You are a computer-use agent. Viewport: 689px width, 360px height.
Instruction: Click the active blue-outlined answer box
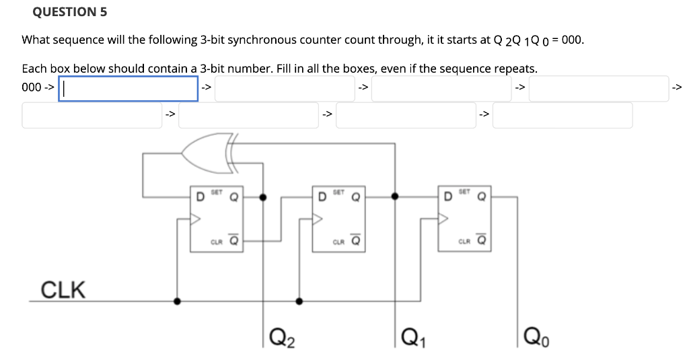[128, 87]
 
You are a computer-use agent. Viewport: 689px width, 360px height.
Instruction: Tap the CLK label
[64, 290]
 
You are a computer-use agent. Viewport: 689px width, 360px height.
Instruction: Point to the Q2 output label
[282, 334]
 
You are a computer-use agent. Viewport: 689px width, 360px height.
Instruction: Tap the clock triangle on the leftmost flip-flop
[196, 218]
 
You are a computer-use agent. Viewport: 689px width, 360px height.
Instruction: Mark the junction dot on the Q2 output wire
[263, 198]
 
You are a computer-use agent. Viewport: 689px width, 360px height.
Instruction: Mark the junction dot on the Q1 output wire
[395, 197]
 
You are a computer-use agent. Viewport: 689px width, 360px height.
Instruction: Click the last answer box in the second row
[563, 115]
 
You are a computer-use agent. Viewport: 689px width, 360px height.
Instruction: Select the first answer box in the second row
[92, 115]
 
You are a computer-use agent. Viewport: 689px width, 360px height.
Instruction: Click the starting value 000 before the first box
[32, 87]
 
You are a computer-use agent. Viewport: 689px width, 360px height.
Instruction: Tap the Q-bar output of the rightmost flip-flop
[482, 240]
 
